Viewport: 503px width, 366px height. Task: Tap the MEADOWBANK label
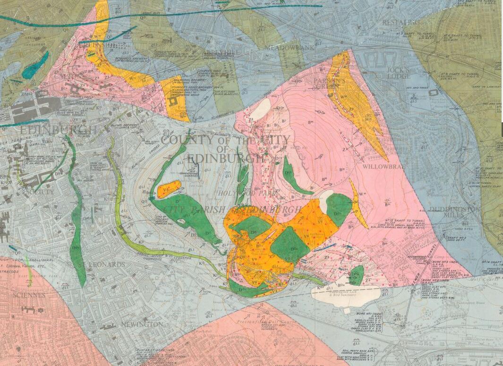[x=282, y=48]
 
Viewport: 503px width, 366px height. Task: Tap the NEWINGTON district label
[x=142, y=325]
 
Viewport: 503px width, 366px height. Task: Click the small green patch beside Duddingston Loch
[x=357, y=274]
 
